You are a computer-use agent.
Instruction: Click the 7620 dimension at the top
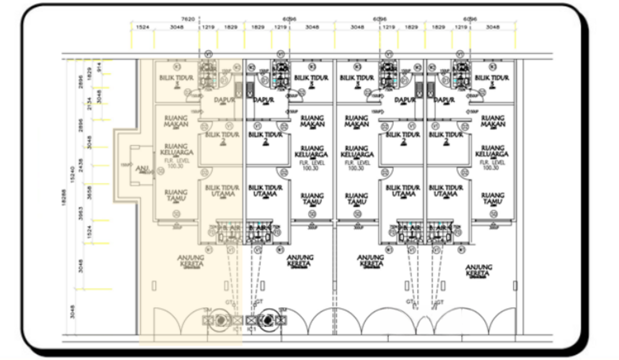(x=188, y=19)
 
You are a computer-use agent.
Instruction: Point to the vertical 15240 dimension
(x=73, y=174)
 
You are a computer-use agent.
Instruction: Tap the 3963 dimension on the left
(x=81, y=213)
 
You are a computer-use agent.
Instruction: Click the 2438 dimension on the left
(x=81, y=165)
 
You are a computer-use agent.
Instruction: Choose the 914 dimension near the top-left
(x=99, y=67)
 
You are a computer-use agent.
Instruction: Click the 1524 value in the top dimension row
(x=142, y=27)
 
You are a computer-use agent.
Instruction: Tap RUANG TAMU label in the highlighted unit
(x=176, y=195)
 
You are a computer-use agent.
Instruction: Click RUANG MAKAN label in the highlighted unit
(x=176, y=121)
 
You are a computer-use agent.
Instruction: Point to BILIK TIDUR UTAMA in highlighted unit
(x=222, y=191)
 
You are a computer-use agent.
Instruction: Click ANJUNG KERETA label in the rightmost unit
(x=479, y=271)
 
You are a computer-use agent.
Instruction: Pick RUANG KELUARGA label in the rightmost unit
(x=492, y=151)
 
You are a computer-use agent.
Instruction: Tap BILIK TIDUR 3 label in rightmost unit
(x=491, y=80)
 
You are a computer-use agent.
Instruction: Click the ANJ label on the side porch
(x=142, y=169)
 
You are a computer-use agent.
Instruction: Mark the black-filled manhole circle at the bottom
(x=268, y=320)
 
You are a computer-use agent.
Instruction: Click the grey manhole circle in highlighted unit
(x=222, y=320)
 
